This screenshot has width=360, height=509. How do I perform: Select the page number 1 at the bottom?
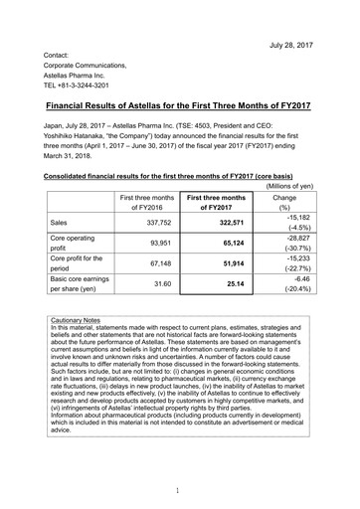[x=179, y=490]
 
